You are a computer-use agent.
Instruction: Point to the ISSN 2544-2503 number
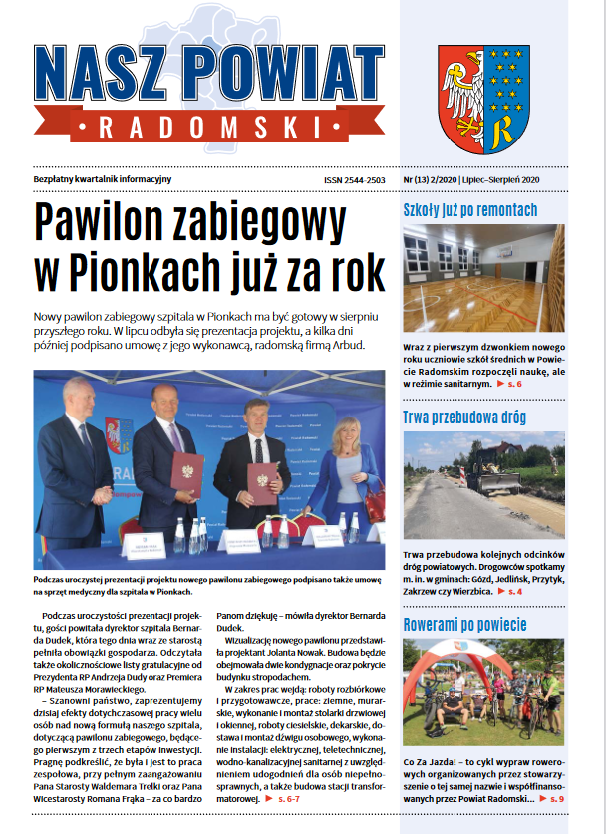point(354,179)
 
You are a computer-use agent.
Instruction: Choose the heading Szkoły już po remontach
point(470,210)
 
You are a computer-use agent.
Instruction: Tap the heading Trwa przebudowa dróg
point(463,417)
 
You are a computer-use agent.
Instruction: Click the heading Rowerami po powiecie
point(464,625)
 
